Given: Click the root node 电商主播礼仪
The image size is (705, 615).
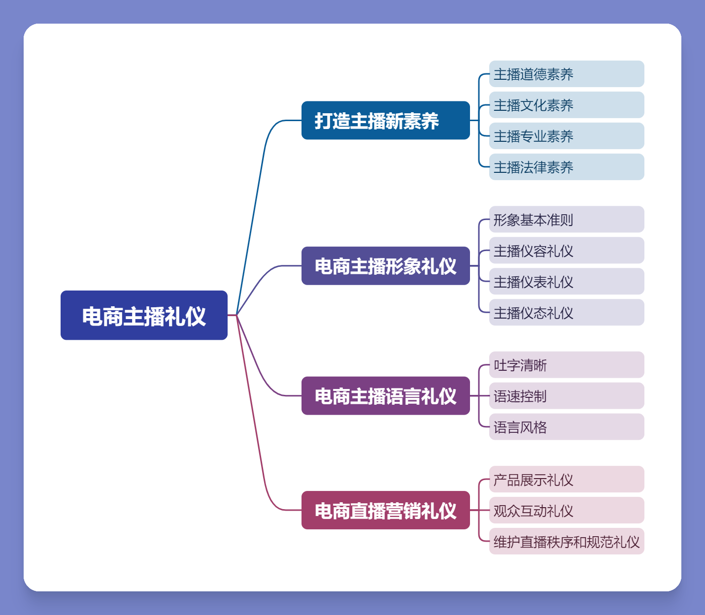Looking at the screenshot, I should pyautogui.click(x=144, y=315).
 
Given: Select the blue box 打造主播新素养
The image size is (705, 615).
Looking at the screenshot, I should pyautogui.click(x=385, y=120).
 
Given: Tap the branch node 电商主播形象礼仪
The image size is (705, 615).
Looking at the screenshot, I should pyautogui.click(x=385, y=266).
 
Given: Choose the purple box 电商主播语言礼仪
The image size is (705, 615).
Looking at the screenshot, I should pyautogui.click(x=385, y=396).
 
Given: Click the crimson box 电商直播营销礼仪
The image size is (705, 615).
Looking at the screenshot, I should pyautogui.click(x=385, y=510).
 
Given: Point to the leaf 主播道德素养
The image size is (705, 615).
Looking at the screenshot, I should pyautogui.click(x=566, y=74).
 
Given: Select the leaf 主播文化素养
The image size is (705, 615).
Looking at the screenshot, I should pyautogui.click(x=566, y=105).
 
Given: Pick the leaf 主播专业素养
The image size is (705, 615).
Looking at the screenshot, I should pyautogui.click(x=566, y=136).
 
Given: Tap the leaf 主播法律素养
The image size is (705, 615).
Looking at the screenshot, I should pyautogui.click(x=566, y=167).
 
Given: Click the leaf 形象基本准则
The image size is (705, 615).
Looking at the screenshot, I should pyautogui.click(x=566, y=219).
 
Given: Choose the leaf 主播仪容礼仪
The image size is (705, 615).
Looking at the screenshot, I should pyautogui.click(x=566, y=250).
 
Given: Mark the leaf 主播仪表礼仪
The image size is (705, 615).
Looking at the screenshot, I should pyautogui.click(x=566, y=281).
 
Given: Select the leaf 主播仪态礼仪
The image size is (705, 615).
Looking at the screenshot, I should pyautogui.click(x=566, y=312).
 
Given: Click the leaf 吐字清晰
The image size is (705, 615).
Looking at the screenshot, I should pyautogui.click(x=566, y=365).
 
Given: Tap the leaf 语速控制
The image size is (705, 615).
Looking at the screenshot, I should pyautogui.click(x=566, y=396).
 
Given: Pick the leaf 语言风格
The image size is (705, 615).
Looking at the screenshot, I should pyautogui.click(x=566, y=427).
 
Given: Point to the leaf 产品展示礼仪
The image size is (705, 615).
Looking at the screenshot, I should pyautogui.click(x=566, y=479).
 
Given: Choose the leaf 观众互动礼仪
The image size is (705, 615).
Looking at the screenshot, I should pyautogui.click(x=566, y=510).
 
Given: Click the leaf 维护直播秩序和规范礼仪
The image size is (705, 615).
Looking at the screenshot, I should pyautogui.click(x=566, y=541).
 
